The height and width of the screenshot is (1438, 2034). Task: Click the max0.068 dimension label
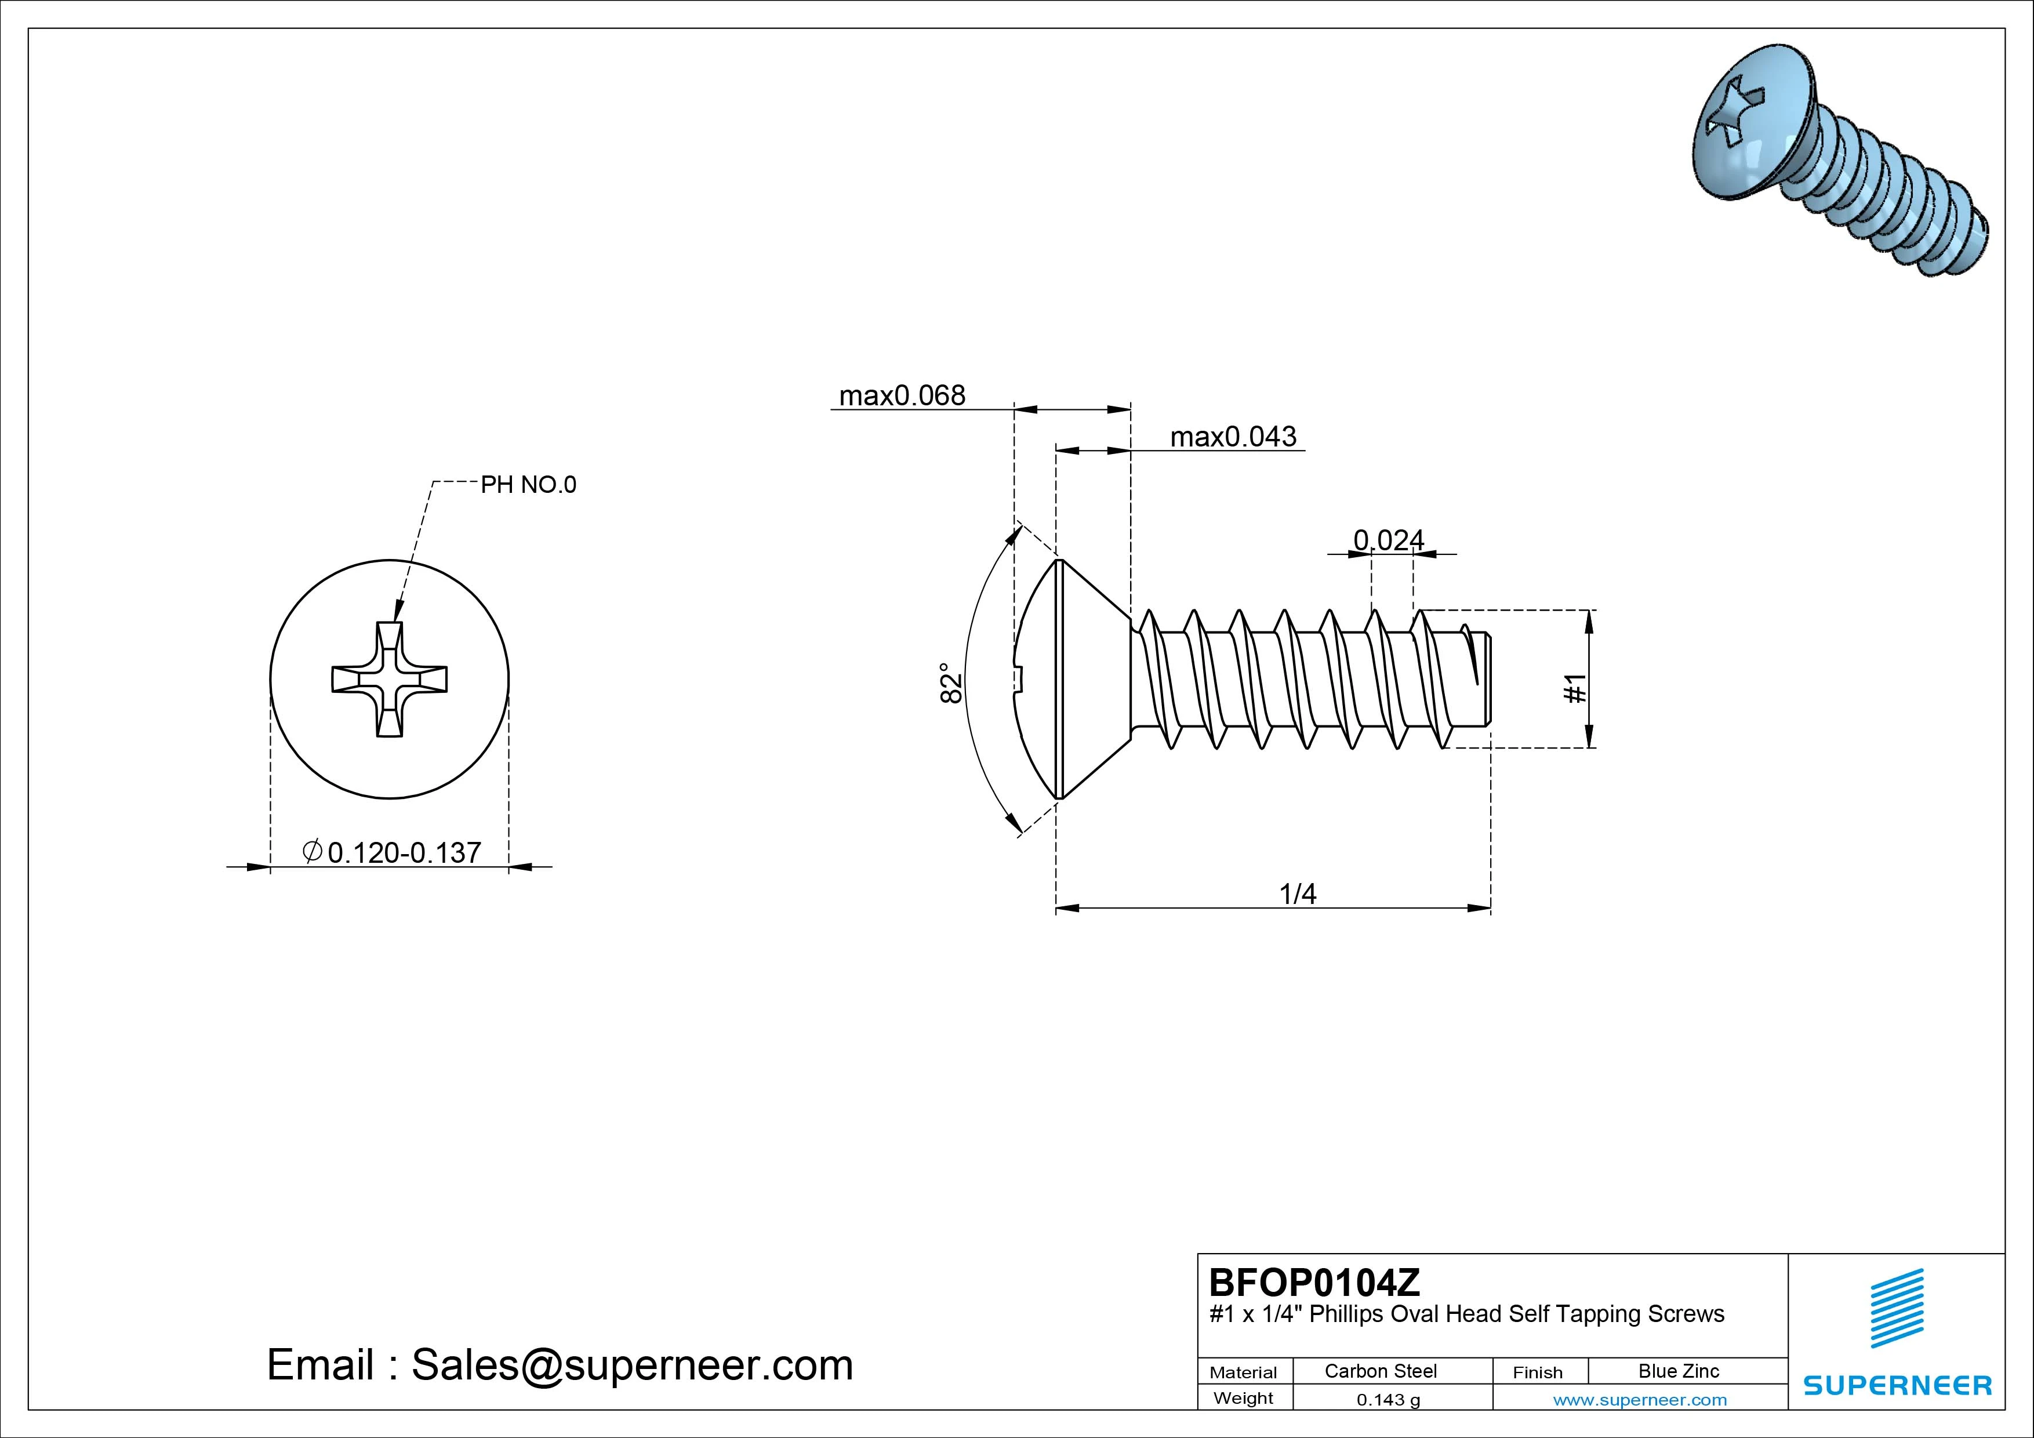click(x=901, y=395)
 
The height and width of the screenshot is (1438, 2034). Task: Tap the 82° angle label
click(x=950, y=682)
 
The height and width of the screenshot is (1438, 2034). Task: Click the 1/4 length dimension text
click(x=1298, y=894)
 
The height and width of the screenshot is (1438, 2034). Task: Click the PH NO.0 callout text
click(x=528, y=485)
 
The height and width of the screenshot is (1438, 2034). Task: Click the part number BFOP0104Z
click(x=1314, y=1282)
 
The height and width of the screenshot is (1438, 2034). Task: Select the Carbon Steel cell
click(x=1380, y=1371)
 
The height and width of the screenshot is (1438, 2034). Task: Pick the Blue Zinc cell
click(x=1678, y=1371)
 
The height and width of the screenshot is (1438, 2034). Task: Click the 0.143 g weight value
click(x=1388, y=1400)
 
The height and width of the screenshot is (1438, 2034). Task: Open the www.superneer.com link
click(x=1640, y=1400)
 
